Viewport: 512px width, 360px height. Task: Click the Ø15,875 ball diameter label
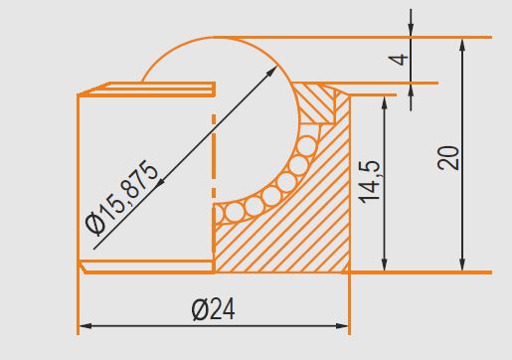[121, 198]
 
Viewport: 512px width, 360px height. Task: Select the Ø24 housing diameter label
[214, 309]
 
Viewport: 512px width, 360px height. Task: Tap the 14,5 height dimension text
[369, 182]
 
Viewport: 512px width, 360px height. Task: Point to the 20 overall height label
[448, 158]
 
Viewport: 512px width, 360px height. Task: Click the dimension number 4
[398, 60]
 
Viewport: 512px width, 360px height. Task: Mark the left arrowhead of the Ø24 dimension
[85, 326]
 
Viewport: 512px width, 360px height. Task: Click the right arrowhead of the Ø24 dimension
[342, 326]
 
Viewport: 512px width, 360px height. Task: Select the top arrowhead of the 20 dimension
[462, 45]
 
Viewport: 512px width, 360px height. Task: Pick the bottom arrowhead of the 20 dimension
[462, 265]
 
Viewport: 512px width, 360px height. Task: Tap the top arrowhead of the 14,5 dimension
[385, 103]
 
